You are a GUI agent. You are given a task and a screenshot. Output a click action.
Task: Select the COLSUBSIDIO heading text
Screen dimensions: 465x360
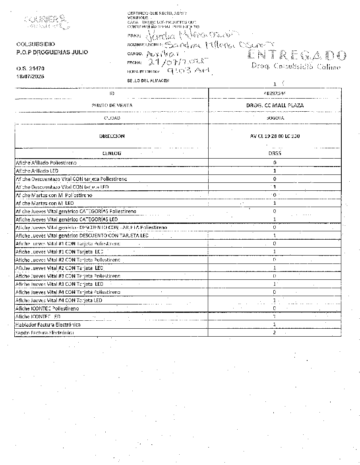click(36, 44)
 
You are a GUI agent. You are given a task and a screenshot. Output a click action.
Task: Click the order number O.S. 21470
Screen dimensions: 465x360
click(30, 69)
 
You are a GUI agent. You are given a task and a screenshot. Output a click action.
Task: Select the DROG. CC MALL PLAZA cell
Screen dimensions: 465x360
click(275, 105)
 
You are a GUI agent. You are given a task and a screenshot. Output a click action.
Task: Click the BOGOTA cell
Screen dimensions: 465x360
click(275, 118)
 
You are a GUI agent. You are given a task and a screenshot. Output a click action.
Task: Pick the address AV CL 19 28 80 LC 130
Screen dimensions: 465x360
click(275, 136)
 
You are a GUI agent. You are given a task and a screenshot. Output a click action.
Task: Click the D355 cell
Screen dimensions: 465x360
click(275, 153)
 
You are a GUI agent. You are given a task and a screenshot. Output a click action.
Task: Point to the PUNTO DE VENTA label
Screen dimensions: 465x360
click(112, 105)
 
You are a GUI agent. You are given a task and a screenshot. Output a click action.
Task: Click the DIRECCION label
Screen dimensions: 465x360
click(112, 136)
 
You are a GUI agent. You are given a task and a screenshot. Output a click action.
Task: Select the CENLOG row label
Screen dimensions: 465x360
click(112, 153)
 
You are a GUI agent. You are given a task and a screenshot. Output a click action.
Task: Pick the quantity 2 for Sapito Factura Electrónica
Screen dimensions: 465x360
click(275, 333)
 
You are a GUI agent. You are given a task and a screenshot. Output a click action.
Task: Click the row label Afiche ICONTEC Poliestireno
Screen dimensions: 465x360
click(47, 308)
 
